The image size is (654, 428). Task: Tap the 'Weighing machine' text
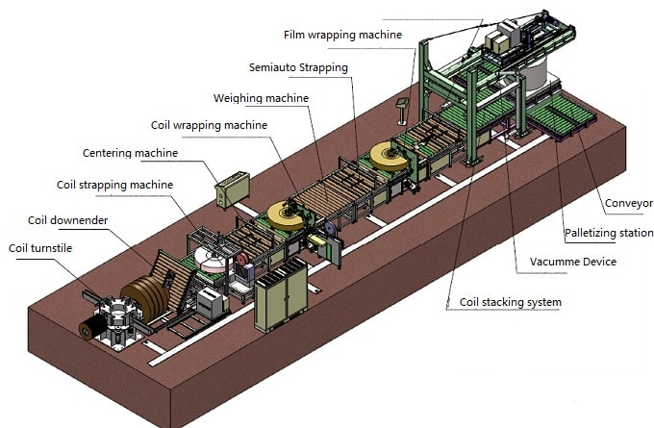pos(261,98)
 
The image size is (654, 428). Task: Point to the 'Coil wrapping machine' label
pos(210,125)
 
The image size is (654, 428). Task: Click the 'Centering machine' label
pos(130,153)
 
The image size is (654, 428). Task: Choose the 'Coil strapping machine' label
pos(114,185)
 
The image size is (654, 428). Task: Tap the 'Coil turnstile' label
pos(40,249)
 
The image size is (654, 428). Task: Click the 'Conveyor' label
pos(629,204)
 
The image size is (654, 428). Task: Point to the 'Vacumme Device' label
pos(572,262)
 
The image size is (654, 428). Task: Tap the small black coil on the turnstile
pos(93,328)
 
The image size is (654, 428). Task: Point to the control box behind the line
pos(233,188)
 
